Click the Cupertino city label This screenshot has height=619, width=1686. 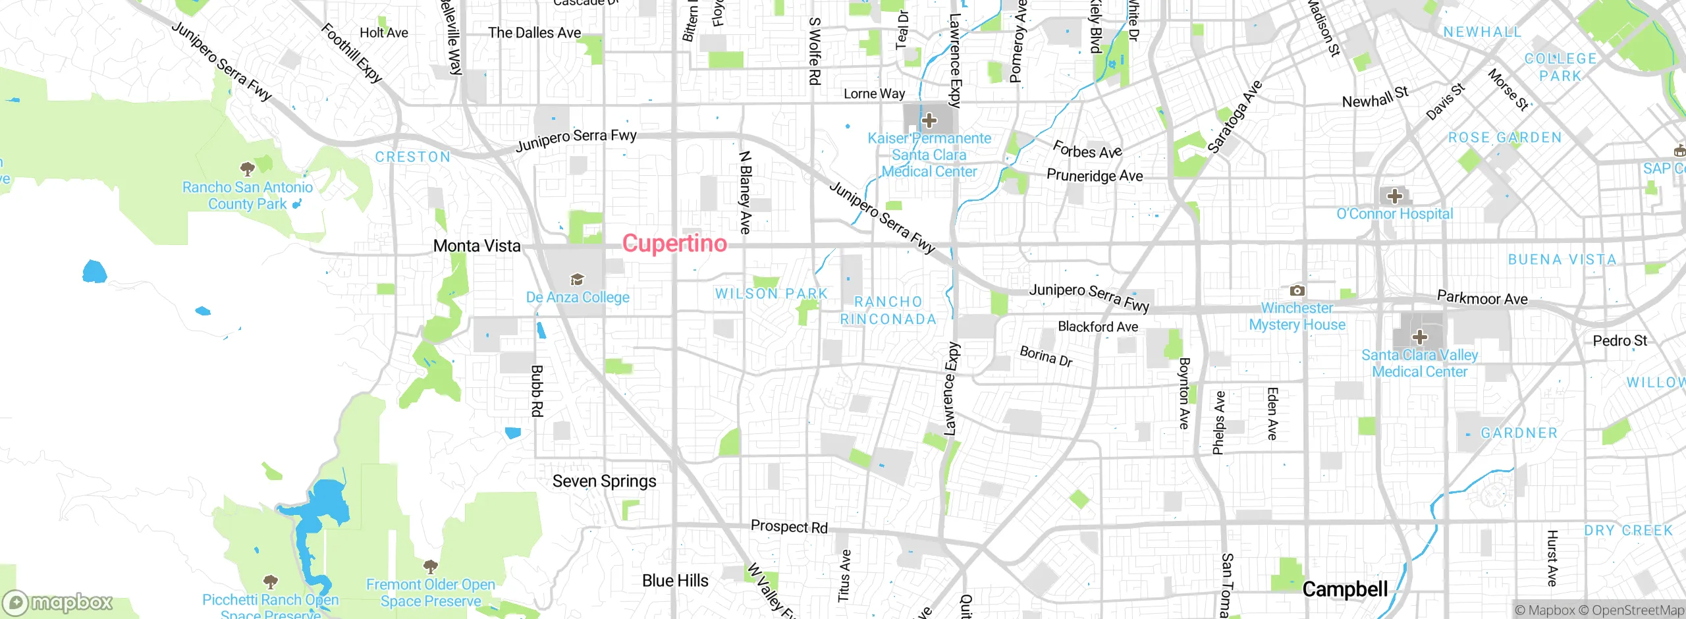point(674,244)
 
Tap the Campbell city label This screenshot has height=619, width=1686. point(1345,589)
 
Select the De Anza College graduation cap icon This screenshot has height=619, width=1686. point(577,280)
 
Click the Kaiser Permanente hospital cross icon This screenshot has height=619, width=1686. point(929,121)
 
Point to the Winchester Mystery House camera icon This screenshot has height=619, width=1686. point(1297,290)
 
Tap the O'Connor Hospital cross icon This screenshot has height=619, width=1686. point(1394,196)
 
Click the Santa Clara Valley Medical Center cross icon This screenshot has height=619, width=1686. point(1419,337)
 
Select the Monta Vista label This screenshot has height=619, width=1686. point(477,246)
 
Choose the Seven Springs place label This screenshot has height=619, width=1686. point(604,481)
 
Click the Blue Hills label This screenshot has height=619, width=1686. point(675,581)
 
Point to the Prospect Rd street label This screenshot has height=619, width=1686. point(789,527)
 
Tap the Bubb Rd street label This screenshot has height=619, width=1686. point(537,390)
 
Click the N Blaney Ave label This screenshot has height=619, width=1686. point(745,192)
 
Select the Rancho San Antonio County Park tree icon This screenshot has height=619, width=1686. point(248,169)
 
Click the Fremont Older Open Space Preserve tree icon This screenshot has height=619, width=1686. point(431,566)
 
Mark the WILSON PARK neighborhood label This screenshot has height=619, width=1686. point(771,294)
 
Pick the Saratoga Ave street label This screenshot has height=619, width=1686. point(1234,117)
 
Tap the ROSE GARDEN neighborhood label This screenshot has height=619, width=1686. point(1504,138)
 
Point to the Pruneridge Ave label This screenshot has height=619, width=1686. point(1095,176)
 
